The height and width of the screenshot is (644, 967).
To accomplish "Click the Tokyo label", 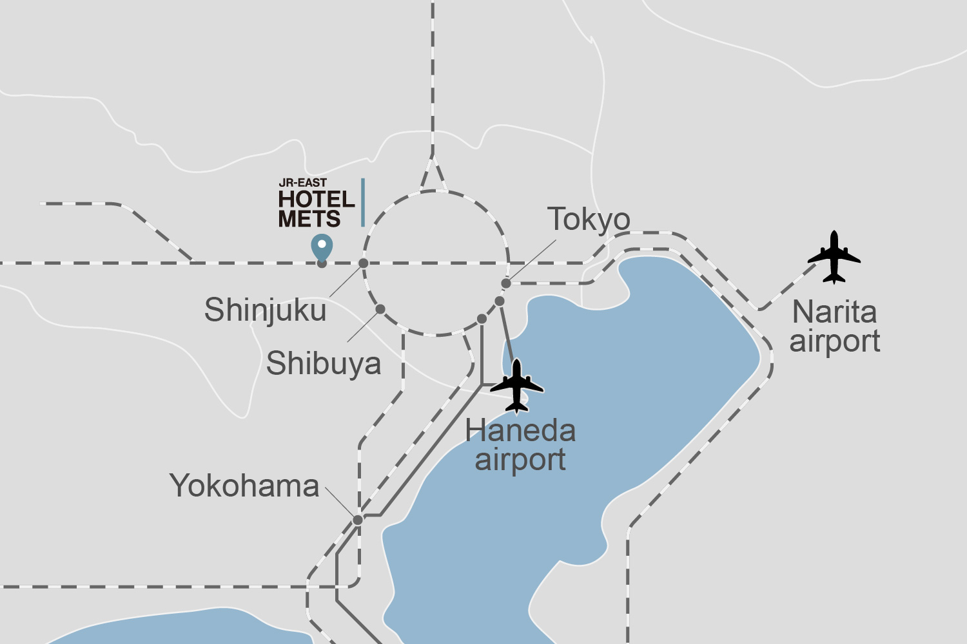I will click(x=589, y=220).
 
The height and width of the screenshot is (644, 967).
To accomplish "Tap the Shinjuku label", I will click(x=265, y=310).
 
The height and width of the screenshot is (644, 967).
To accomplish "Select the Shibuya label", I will click(x=324, y=363).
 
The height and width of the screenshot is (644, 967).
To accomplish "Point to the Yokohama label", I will click(x=244, y=486).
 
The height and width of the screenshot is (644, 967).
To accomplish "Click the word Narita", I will click(x=834, y=312).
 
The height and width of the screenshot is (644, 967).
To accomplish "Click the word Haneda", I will click(x=520, y=430).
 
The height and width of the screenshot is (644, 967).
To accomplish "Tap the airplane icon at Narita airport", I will click(x=834, y=257).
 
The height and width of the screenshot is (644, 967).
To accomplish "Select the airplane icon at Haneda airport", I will click(x=517, y=386).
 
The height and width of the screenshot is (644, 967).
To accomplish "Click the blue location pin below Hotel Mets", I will click(x=322, y=247).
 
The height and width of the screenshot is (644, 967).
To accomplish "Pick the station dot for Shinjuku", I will click(x=364, y=263).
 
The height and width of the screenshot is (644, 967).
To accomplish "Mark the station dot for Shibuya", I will click(x=380, y=309).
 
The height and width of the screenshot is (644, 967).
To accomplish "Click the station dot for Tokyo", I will click(x=506, y=283).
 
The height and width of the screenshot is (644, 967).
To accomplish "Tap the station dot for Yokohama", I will click(x=358, y=520).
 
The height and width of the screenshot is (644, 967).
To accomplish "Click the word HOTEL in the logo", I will click(x=316, y=200).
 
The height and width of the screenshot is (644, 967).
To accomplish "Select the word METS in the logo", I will click(x=309, y=219).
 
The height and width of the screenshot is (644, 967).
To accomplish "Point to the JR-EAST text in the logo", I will click(x=302, y=183).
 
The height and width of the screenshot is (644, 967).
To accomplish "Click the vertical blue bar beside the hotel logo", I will click(x=363, y=202).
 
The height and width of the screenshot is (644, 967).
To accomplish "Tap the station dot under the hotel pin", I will click(x=322, y=263).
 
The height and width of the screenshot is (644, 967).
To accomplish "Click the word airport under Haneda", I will click(x=520, y=460).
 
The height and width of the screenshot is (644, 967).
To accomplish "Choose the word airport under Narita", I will click(x=835, y=341).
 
